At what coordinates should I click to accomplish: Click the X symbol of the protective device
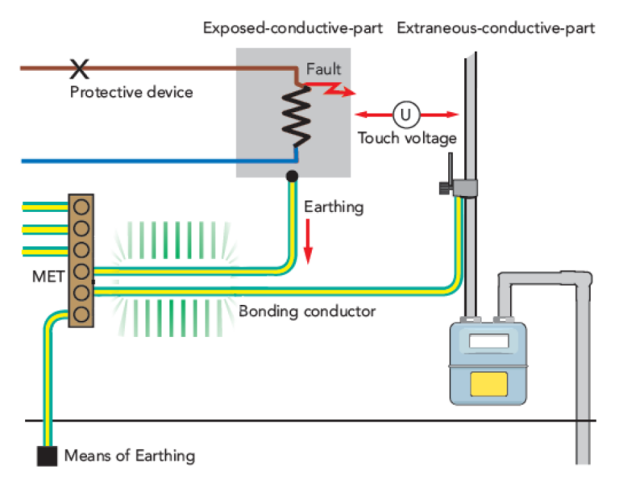pyautogui.click(x=78, y=68)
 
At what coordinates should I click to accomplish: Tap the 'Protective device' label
pyautogui.click(x=131, y=92)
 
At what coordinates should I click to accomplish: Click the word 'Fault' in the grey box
pyautogui.click(x=323, y=69)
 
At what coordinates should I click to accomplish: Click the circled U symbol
pyautogui.click(x=406, y=114)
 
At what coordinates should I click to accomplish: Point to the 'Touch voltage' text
pyautogui.click(x=407, y=138)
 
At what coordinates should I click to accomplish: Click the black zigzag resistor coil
pyautogui.click(x=296, y=114)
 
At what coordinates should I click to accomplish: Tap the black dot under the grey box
pyautogui.click(x=292, y=175)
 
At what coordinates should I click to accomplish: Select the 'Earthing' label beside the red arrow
pyautogui.click(x=334, y=207)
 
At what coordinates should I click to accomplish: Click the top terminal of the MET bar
pyautogui.click(x=81, y=206)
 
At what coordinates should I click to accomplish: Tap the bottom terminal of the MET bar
pyautogui.click(x=81, y=314)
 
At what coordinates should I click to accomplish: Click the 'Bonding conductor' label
pyautogui.click(x=307, y=311)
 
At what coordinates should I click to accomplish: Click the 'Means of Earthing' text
pyautogui.click(x=129, y=456)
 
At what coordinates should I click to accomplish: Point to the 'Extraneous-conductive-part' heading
pyautogui.click(x=496, y=28)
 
